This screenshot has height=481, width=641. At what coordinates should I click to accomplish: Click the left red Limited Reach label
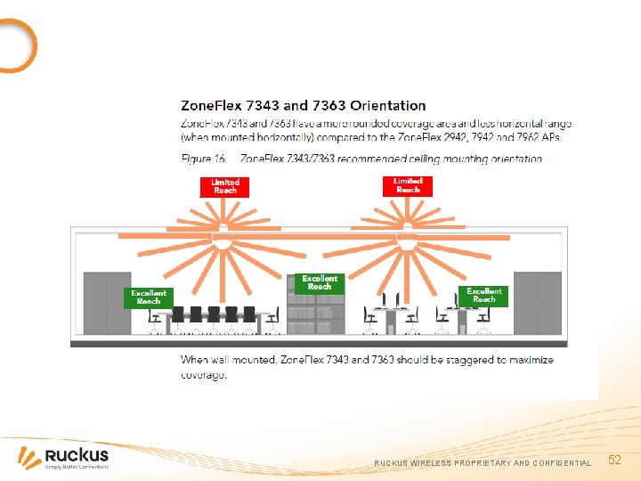[225, 186]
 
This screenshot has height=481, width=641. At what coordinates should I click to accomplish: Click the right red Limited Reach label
[408, 185]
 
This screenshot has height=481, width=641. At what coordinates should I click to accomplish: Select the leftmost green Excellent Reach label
[148, 297]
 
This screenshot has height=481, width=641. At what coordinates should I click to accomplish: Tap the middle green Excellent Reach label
[320, 282]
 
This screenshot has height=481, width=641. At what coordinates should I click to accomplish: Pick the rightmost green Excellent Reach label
[484, 296]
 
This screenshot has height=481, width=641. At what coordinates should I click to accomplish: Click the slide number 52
[614, 460]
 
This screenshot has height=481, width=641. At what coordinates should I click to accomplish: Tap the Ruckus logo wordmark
[77, 454]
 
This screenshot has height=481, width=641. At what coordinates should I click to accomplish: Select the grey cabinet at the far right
[537, 303]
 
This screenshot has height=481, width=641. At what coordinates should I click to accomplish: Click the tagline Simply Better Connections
[77, 467]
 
